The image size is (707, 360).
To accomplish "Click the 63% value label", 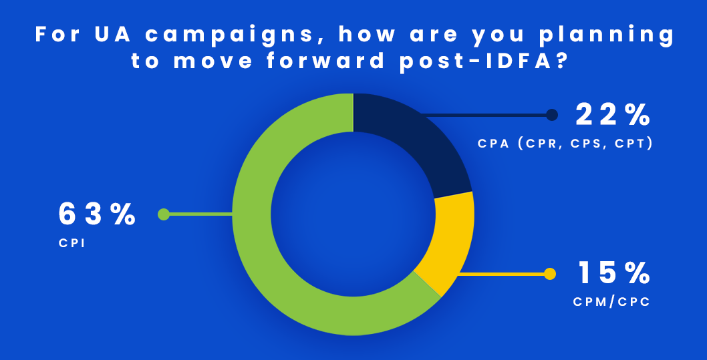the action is (97, 214).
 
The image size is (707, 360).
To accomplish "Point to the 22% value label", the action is (613, 116).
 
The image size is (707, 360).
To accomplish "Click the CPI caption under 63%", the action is (72, 244).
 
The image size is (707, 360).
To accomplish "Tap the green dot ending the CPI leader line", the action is (164, 214).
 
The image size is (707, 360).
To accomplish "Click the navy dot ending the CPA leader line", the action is (551, 116).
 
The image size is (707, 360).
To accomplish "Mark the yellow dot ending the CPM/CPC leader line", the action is (550, 273).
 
